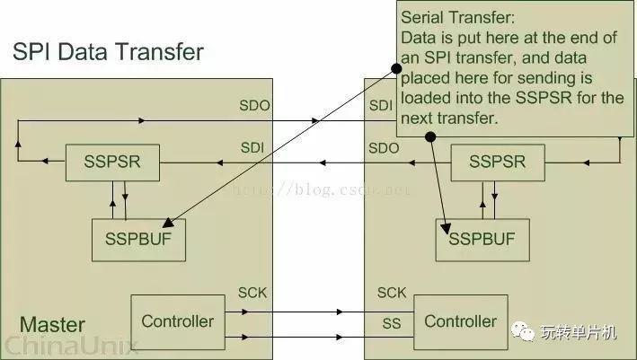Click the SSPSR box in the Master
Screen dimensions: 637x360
[x=112, y=162]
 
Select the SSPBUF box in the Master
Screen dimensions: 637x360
[x=138, y=240]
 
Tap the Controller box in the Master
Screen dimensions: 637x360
[x=178, y=322]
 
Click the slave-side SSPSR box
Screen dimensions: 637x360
[x=498, y=162]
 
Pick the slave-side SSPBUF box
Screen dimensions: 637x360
[x=482, y=240]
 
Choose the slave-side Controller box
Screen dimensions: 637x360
[x=461, y=322]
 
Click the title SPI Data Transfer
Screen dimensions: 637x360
[x=108, y=52]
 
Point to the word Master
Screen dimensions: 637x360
[x=52, y=325]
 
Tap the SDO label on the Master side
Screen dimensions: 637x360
[x=254, y=106]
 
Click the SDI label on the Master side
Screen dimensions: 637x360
[x=252, y=148]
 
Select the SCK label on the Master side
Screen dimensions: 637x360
[x=252, y=293]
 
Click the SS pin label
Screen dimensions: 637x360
[x=391, y=323]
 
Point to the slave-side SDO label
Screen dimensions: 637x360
[x=384, y=148]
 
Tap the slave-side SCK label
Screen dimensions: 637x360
[x=392, y=293]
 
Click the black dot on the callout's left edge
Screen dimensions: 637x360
[x=396, y=68]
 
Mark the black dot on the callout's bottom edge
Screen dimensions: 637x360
[x=430, y=136]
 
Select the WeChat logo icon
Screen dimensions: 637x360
[x=522, y=331]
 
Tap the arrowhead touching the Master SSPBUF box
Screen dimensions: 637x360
[x=168, y=223]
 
